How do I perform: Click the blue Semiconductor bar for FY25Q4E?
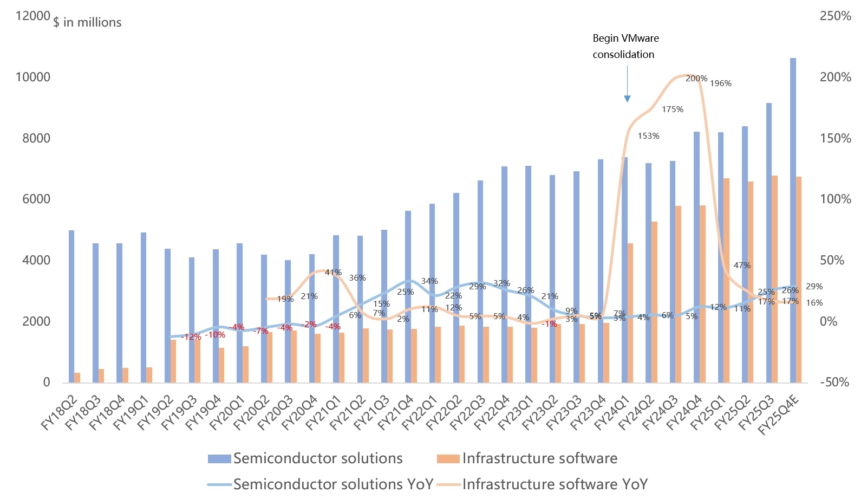point(793,221)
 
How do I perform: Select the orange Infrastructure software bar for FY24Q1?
point(630,313)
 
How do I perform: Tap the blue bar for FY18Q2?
point(71,307)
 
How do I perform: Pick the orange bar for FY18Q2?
point(77,378)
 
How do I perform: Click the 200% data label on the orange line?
point(696,79)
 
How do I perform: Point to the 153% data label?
point(648,135)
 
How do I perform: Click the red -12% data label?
point(191,337)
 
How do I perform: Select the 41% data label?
point(333,272)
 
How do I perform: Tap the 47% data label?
point(742,265)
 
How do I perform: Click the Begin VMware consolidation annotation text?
point(626,46)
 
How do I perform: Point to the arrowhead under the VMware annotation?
point(627,99)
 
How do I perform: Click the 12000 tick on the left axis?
point(32,16)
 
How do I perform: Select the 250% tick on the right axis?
point(835,16)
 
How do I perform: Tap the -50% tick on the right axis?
point(834,382)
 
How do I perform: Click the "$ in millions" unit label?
point(87,22)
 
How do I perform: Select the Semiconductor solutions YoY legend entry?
point(321,484)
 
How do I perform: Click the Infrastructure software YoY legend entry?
point(543,484)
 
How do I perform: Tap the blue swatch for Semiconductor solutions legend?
point(219,458)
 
